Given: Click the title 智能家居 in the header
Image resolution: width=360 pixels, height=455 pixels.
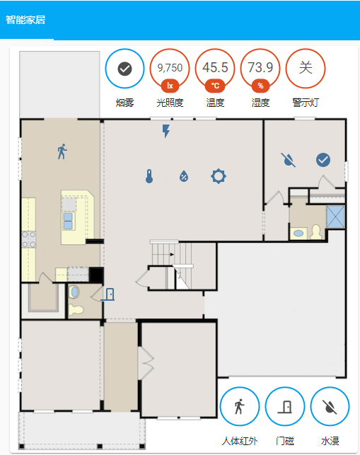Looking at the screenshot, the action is [x=25, y=20].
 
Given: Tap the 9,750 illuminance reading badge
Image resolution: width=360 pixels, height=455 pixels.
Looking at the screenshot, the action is [x=170, y=69].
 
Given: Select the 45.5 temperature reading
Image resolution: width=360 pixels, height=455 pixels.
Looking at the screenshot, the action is [x=215, y=69].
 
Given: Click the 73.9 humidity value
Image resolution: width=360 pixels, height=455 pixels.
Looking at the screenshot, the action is [x=260, y=69].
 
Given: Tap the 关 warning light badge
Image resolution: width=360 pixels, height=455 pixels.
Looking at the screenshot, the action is [x=306, y=69].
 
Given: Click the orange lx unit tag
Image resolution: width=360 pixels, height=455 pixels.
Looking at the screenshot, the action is [x=170, y=86].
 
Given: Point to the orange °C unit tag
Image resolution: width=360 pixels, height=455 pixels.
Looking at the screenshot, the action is [x=215, y=86].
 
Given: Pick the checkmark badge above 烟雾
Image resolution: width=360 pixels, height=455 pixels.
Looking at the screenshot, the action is [x=124, y=69].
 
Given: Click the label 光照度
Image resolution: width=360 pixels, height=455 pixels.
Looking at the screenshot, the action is [x=170, y=103].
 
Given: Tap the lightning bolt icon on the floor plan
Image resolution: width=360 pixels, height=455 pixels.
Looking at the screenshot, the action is [x=166, y=131].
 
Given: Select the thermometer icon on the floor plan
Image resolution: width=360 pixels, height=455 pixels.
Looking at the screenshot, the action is [x=149, y=176].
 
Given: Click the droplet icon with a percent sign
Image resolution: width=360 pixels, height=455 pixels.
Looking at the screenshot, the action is [x=184, y=176].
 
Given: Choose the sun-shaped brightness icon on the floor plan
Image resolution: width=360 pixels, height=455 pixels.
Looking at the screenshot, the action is [x=219, y=176].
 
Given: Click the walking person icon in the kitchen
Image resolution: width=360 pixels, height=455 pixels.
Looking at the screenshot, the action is [x=62, y=151].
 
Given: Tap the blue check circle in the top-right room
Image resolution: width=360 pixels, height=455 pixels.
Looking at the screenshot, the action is [x=323, y=160].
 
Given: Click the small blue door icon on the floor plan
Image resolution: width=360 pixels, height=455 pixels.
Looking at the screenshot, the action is [x=108, y=294].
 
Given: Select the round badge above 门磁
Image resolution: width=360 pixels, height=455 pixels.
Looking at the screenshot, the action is [x=285, y=406].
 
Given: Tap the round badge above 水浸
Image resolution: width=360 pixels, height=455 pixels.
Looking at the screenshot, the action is [x=330, y=406].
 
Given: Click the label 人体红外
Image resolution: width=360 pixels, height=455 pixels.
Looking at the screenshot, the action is [x=240, y=441].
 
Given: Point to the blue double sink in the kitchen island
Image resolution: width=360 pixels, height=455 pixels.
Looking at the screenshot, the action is [x=68, y=221].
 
